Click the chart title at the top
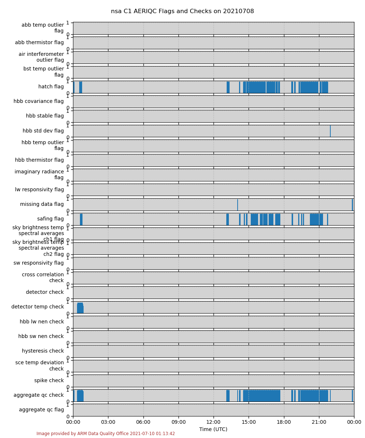pyautogui.click(x=182, y=11)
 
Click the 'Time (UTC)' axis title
pyautogui.click(x=213, y=429)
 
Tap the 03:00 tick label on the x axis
pyautogui.click(x=108, y=422)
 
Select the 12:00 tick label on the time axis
pyautogui.click(x=214, y=422)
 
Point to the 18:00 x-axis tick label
pyautogui.click(x=284, y=422)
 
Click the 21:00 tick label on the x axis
pyautogui.click(x=319, y=422)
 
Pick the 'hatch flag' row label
pyautogui.click(x=51, y=87)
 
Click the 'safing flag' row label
pyautogui.click(x=50, y=219)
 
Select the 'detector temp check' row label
pyautogui.click(x=37, y=307)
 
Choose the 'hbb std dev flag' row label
pyautogui.click(x=43, y=131)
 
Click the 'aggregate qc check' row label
pyautogui.click(x=38, y=395)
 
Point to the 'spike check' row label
pyautogui.click(x=49, y=380)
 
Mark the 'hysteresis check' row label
pyautogui.click(x=43, y=351)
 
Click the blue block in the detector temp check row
pyautogui.click(x=80, y=308)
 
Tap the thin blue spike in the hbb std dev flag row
pyautogui.click(x=330, y=131)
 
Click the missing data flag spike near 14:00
pyautogui.click(x=238, y=205)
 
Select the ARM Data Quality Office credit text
pyautogui.click(x=105, y=434)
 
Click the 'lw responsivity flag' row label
pyautogui.click(x=39, y=189)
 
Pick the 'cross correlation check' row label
pyautogui.click(x=43, y=277)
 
